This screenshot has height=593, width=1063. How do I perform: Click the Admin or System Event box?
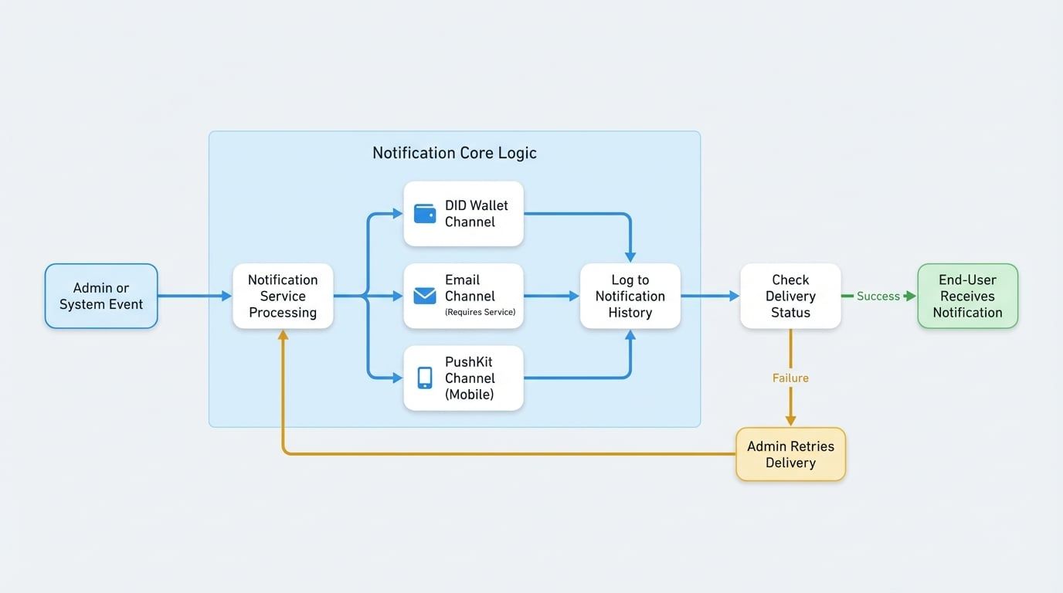click(x=101, y=296)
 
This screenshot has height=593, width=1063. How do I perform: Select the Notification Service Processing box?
click(x=283, y=296)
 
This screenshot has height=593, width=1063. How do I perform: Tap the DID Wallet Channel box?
click(x=464, y=214)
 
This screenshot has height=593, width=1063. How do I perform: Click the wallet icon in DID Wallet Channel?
click(x=425, y=214)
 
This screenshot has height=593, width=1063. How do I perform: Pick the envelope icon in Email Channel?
click(x=425, y=296)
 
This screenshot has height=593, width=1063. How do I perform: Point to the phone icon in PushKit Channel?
click(x=425, y=378)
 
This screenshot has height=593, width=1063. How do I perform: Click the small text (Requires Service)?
click(x=480, y=313)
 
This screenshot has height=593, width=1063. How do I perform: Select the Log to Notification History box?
click(x=630, y=296)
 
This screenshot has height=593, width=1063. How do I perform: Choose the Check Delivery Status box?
click(x=790, y=296)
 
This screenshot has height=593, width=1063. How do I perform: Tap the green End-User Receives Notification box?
click(x=967, y=296)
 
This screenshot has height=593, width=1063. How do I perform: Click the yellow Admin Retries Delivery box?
click(x=790, y=454)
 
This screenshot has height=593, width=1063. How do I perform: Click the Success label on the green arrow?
click(x=878, y=296)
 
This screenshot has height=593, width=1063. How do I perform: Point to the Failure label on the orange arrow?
click(x=790, y=378)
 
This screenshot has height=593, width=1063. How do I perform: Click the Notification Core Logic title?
click(x=454, y=153)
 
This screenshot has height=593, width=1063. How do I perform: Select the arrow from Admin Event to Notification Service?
click(x=193, y=296)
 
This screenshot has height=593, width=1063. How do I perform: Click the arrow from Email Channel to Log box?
click(x=550, y=296)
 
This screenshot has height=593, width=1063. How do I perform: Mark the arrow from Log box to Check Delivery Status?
click(x=708, y=296)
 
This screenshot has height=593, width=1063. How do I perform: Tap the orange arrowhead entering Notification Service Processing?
click(x=283, y=336)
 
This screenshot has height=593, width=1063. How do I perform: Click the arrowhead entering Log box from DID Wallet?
click(x=630, y=256)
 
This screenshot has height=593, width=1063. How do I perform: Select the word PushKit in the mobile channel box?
click(x=468, y=361)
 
